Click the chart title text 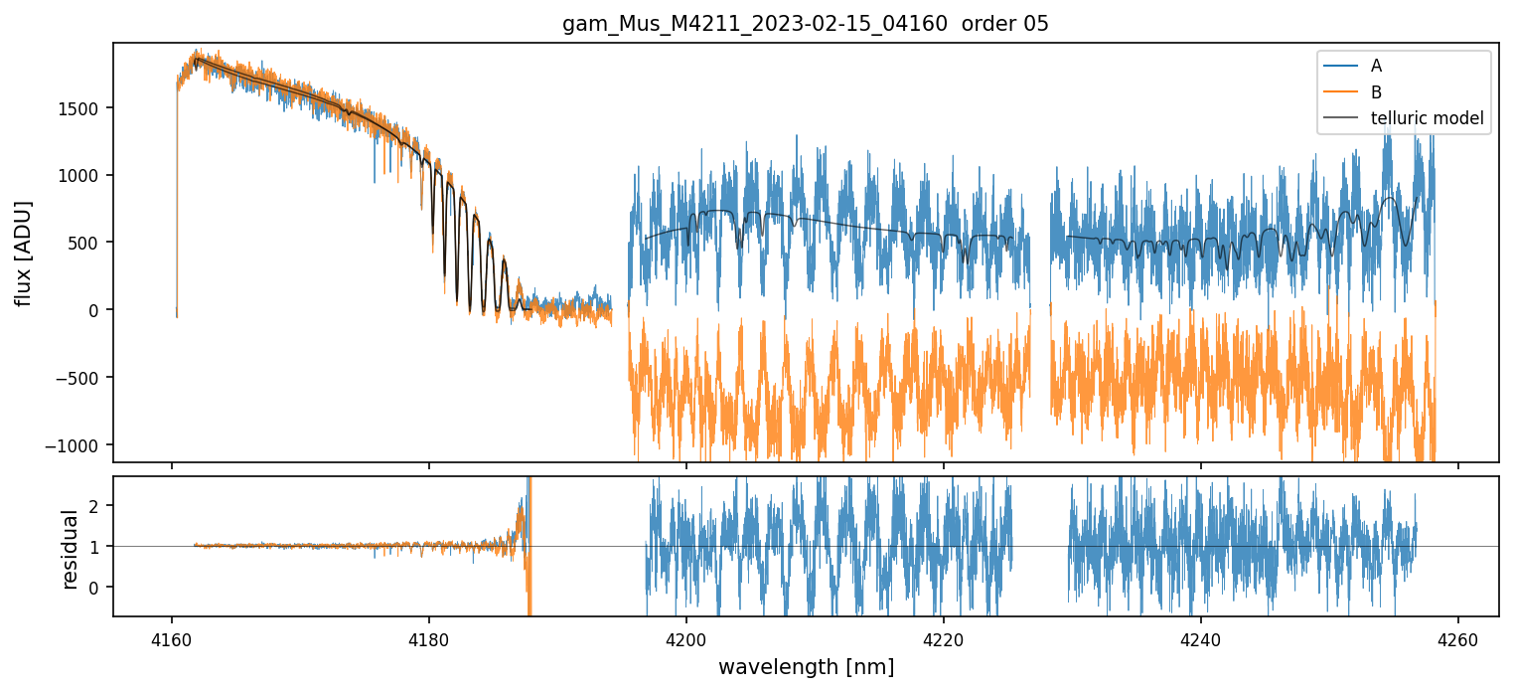[x=806, y=24]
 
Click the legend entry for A [x=1376, y=66]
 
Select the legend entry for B [x=1376, y=92]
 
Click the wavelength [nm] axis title [x=806, y=666]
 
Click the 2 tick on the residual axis [x=97, y=505]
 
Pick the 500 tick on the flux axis [x=86, y=243]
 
